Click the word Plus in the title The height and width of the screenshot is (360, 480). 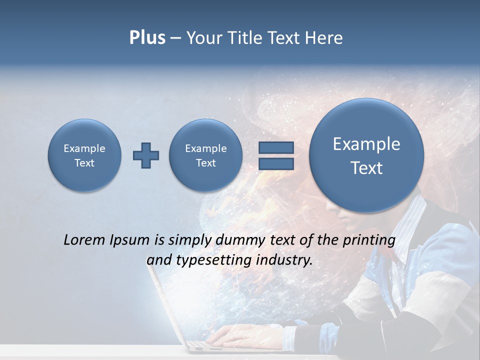pos(147,38)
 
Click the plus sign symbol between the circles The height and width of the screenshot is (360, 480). pos(146,155)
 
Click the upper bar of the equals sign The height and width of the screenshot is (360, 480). pos(275,148)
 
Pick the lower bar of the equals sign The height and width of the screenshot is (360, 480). pos(275,163)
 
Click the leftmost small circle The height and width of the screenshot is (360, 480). pos(84,155)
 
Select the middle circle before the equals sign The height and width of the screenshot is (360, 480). pos(206,155)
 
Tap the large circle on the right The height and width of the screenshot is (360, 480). pos(366,155)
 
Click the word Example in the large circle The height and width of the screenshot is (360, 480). pos(366,144)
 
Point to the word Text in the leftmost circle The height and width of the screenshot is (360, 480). pos(84,163)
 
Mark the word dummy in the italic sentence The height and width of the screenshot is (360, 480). pos(238,240)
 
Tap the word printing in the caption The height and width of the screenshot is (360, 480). pos(369,240)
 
